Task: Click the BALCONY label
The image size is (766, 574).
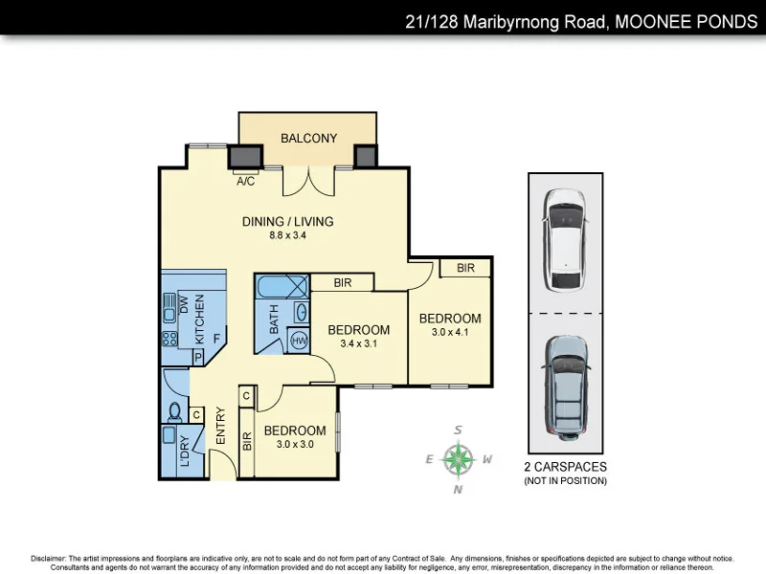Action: tap(308, 139)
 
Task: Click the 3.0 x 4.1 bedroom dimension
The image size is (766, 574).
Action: tap(449, 332)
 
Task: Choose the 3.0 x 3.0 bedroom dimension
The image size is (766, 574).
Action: tap(295, 444)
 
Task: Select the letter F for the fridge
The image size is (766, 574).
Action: tap(216, 338)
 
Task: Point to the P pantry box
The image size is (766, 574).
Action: tap(199, 357)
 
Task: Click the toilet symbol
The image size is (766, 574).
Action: tap(175, 412)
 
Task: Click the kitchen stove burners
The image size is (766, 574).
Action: tap(171, 338)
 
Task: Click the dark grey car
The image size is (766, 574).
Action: tap(564, 383)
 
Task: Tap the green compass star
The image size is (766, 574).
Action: tap(460, 459)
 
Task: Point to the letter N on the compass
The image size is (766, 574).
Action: tap(459, 490)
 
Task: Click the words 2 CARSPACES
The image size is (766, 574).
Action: tap(565, 467)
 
